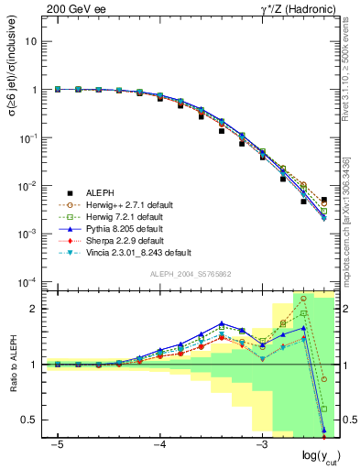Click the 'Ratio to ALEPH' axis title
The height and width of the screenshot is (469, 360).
click(x=12, y=365)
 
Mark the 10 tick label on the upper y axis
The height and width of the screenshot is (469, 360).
click(x=31, y=42)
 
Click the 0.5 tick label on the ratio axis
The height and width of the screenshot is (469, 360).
click(x=28, y=420)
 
